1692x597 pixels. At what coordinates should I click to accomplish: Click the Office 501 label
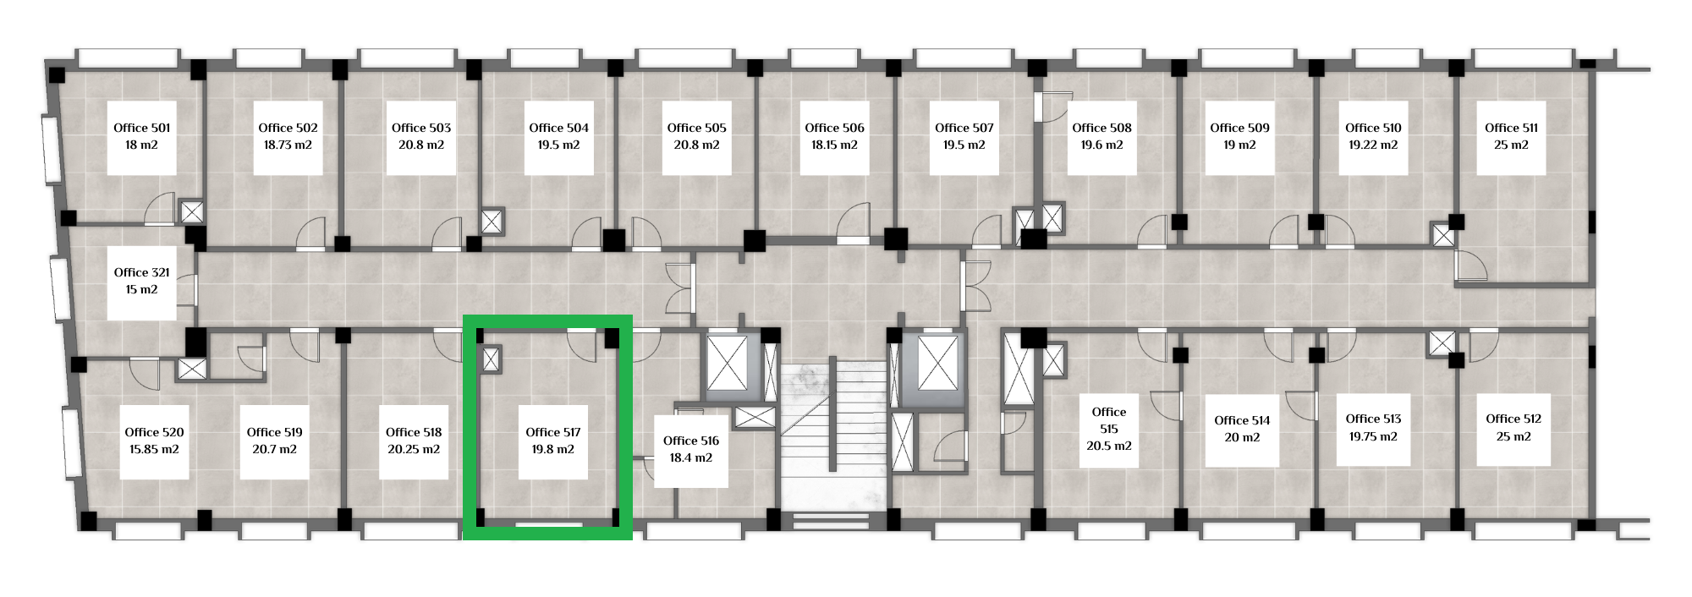coord(142,128)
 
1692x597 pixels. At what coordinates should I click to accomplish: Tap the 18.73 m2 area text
coord(288,145)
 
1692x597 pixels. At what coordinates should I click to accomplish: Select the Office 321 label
coord(142,272)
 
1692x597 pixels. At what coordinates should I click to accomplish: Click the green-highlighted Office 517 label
coord(553,432)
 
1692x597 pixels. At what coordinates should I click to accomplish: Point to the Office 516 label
coord(691,441)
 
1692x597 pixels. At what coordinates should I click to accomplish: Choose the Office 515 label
coord(1109,420)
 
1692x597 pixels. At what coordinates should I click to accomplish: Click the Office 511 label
coord(1512,128)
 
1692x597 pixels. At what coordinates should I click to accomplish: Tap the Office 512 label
coord(1513,419)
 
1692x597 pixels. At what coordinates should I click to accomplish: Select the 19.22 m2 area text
coord(1373,145)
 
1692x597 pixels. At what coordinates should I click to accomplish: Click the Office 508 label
coord(1101,128)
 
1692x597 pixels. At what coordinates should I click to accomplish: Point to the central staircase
coord(833,435)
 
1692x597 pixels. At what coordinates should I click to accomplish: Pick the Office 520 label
coord(154,432)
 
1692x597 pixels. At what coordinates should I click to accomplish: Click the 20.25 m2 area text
coord(414,449)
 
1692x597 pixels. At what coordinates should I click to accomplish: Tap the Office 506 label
coord(834,128)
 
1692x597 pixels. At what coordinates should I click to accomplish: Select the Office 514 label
coord(1242,420)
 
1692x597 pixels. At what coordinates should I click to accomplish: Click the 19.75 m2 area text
coord(1373,436)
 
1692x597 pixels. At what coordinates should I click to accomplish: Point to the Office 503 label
coord(421,128)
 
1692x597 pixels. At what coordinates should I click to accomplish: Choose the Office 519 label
coord(275,432)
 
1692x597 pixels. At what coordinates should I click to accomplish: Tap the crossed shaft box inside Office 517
coord(491,359)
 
